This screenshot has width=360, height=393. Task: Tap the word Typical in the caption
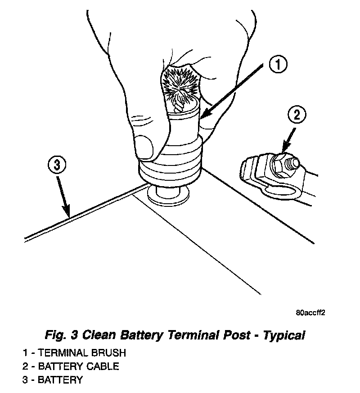pyautogui.click(x=284, y=335)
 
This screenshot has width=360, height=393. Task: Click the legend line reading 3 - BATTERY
pyautogui.click(x=53, y=380)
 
